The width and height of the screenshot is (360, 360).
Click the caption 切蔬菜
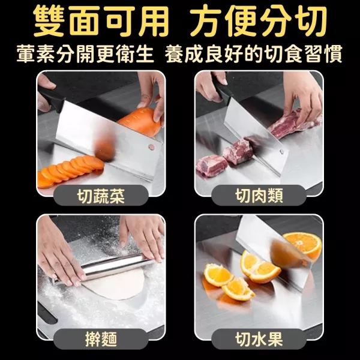pyautogui.click(x=101, y=196)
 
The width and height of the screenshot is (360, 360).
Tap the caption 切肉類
pyautogui.click(x=259, y=196)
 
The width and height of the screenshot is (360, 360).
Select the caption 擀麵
pyautogui.click(x=101, y=339)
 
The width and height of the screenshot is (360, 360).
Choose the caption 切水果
pyautogui.click(x=259, y=339)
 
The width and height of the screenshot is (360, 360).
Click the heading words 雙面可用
pyautogui.click(x=101, y=21)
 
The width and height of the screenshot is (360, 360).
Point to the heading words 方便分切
pyautogui.click(x=259, y=21)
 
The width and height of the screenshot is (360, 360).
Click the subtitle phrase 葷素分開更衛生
pyautogui.click(x=85, y=54)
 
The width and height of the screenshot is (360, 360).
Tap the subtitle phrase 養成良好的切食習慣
pyautogui.click(x=253, y=54)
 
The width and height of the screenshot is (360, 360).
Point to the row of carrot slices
pyautogui.click(x=69, y=170)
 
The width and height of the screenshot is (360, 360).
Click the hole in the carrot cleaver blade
pyautogui.click(x=152, y=147)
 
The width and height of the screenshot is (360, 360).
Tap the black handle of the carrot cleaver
pyautogui.click(x=52, y=97)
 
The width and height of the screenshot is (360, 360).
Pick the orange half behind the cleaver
pyautogui.click(x=303, y=245)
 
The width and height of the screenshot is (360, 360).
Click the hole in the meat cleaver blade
pyautogui.click(x=281, y=151)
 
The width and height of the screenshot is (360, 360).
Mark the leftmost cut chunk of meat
pyautogui.click(x=211, y=166)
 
